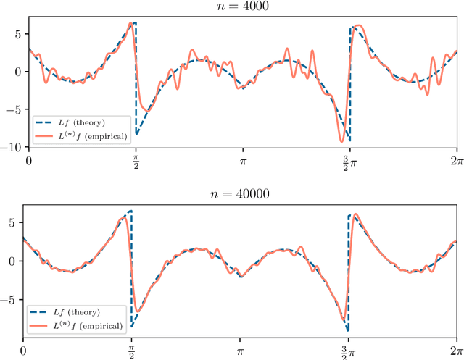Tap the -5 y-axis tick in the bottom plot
coord(14,296)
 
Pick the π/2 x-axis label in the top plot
coord(136,160)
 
